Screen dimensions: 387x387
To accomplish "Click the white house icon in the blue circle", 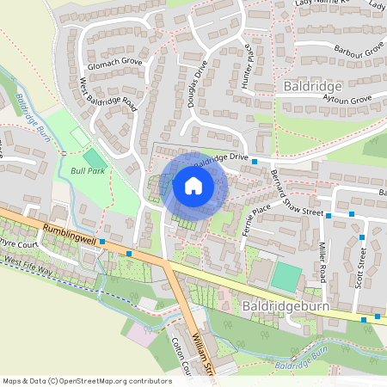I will pyautogui.click(x=193, y=185).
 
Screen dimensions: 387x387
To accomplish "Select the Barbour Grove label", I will pyautogui.click(x=358, y=52).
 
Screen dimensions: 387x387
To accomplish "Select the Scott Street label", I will pyautogui.click(x=361, y=267).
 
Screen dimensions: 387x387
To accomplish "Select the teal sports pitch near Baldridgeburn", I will pyautogui.click(x=287, y=276).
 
